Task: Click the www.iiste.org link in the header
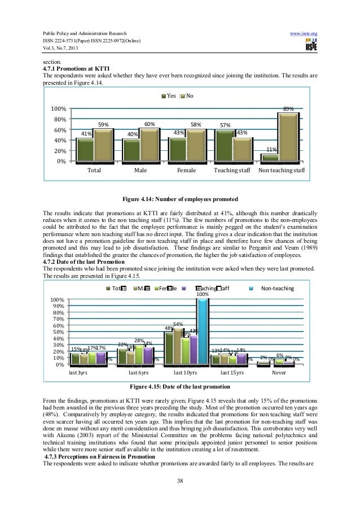pyautogui.click(x=305, y=34)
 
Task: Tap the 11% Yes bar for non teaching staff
pyautogui.click(x=270, y=157)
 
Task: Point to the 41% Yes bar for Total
pyautogui.click(x=85, y=150)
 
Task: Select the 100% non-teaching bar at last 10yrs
pyautogui.click(x=202, y=332)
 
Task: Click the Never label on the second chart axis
pyautogui.click(x=279, y=373)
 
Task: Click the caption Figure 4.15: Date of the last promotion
pyautogui.click(x=180, y=387)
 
